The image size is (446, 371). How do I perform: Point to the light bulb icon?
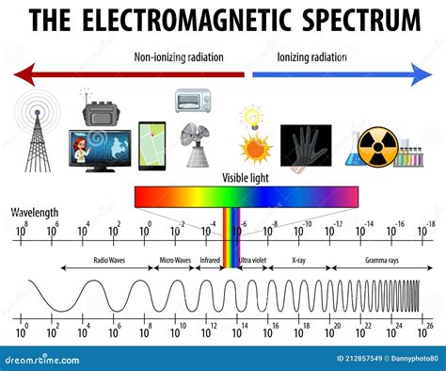click(x=252, y=118)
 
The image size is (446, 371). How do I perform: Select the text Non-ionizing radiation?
click(x=180, y=56)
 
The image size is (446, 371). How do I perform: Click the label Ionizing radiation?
click(x=311, y=56)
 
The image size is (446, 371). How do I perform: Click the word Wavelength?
click(x=35, y=212)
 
